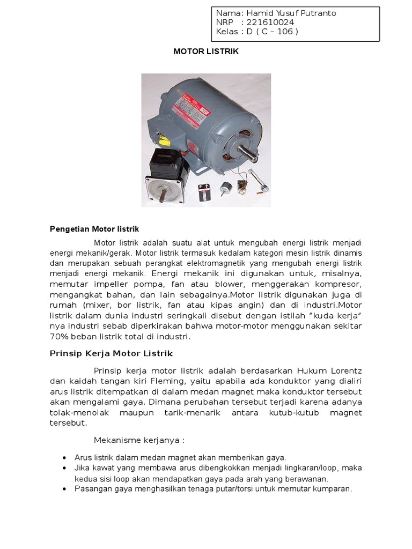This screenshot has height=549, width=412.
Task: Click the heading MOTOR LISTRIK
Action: coord(206,52)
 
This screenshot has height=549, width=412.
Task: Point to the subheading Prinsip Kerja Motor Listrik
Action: coord(111,353)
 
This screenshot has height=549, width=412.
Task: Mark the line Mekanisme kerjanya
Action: coord(139,440)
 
